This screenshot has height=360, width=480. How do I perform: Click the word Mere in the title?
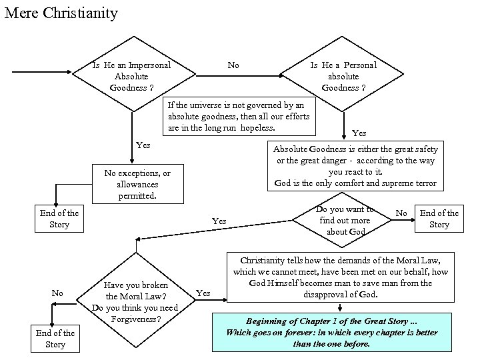pyautogui.click(x=20, y=13)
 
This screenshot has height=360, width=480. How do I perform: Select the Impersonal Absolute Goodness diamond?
pyautogui.click(x=131, y=76)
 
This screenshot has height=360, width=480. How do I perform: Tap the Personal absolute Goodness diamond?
pyautogui.click(x=343, y=76)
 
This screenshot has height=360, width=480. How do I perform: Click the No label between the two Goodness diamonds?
pyautogui.click(x=233, y=65)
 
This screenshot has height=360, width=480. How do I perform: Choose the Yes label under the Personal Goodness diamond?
pyautogui.click(x=359, y=133)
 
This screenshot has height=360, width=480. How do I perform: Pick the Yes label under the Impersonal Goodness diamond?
pyautogui.click(x=143, y=145)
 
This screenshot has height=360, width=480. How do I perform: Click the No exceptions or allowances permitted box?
pyautogui.click(x=137, y=184)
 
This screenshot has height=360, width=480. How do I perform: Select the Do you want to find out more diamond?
pyautogui.click(x=345, y=221)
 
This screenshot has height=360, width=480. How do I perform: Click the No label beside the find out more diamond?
pyautogui.click(x=401, y=213)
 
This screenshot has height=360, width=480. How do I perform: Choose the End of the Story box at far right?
pyautogui.click(x=439, y=219)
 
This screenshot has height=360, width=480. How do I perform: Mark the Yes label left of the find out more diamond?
pyautogui.click(x=219, y=221)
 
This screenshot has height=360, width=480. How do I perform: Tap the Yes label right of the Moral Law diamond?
pyautogui.click(x=203, y=293)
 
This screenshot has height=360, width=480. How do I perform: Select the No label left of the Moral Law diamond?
pyautogui.click(x=57, y=293)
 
